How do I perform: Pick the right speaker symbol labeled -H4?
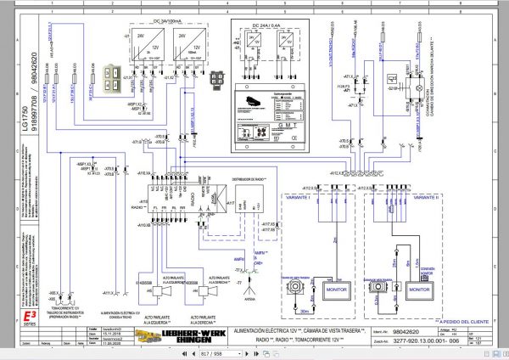pos(208,291)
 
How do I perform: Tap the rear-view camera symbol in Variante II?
pos(375,287)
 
